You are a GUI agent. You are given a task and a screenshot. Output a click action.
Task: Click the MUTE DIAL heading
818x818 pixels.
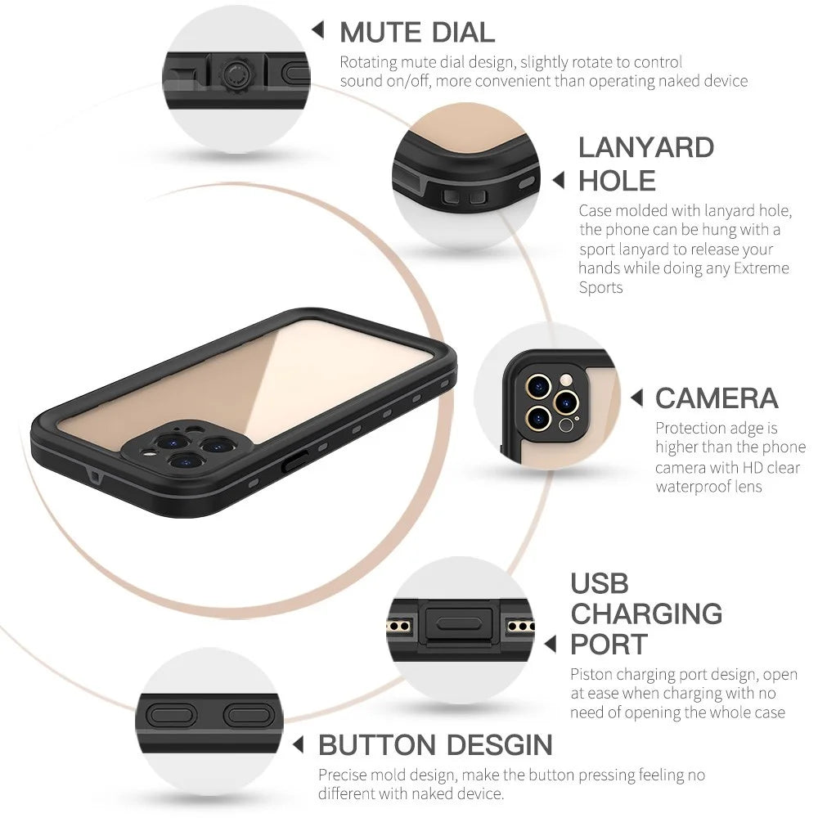click(417, 33)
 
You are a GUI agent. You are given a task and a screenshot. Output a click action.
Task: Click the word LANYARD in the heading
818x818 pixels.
click(646, 147)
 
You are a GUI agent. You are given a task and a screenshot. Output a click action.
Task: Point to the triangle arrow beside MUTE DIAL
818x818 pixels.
click(317, 29)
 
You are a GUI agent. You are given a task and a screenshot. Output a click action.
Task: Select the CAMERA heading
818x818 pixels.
click(717, 398)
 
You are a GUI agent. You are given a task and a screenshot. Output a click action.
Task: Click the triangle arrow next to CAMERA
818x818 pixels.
click(636, 398)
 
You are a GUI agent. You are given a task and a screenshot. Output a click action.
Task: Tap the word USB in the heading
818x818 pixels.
click(600, 583)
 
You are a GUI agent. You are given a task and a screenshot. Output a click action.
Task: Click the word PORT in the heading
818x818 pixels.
click(609, 645)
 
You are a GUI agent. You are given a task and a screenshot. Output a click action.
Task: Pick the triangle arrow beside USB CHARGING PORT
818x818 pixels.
click(551, 644)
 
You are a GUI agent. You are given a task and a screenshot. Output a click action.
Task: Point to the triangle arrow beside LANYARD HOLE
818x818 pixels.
click(558, 181)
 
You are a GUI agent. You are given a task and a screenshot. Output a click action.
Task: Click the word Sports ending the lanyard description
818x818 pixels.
click(600, 287)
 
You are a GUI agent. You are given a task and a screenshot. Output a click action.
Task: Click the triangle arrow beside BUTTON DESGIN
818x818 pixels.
click(298, 744)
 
